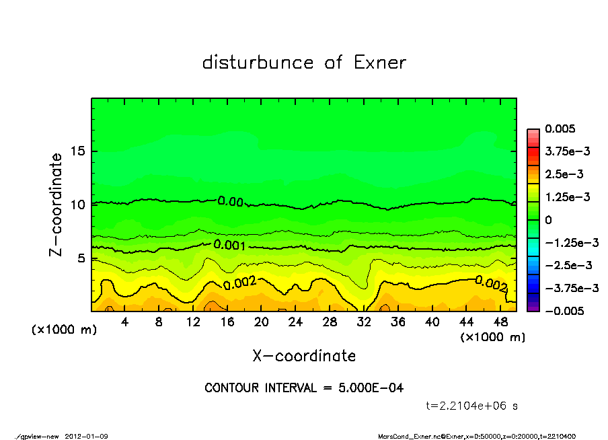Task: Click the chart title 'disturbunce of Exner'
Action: [x=304, y=63]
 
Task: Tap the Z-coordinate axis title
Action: [x=56, y=205]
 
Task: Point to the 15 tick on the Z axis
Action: [x=78, y=151]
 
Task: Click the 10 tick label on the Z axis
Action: [x=78, y=205]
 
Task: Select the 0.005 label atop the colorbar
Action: [x=560, y=129]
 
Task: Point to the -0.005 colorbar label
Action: [x=565, y=311]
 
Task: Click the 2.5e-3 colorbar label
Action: [x=564, y=174]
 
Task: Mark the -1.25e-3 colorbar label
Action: [x=571, y=242]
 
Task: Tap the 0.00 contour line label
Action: [x=230, y=200]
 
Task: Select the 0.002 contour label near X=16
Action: [x=239, y=283]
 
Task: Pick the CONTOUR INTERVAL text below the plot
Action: [x=304, y=388]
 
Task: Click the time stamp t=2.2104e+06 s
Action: [x=472, y=406]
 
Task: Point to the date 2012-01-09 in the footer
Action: [x=87, y=437]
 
